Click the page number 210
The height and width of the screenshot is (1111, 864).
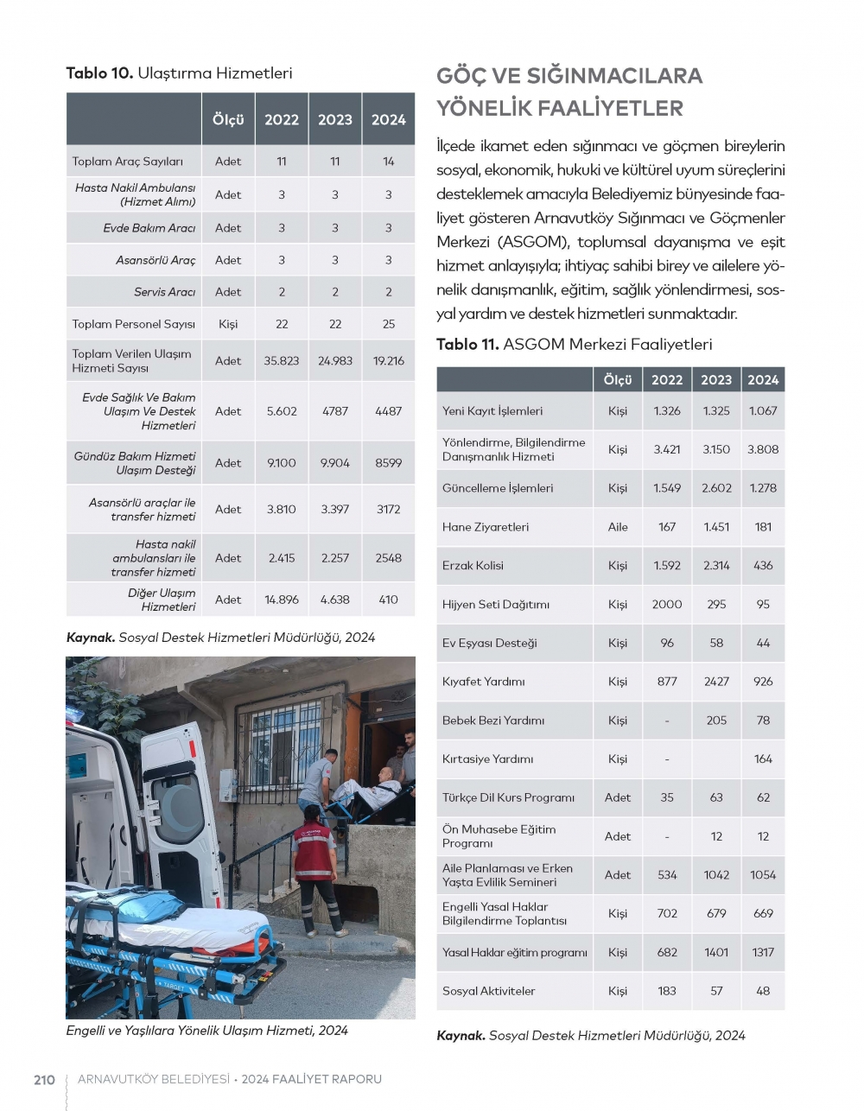pyautogui.click(x=44, y=1079)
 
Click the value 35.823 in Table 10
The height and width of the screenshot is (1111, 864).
pyautogui.click(x=282, y=360)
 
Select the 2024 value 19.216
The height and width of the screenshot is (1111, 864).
pyautogui.click(x=388, y=360)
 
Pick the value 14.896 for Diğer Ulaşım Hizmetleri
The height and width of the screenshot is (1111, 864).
pyautogui.click(x=282, y=599)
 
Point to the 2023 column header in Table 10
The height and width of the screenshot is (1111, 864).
pyautogui.click(x=335, y=119)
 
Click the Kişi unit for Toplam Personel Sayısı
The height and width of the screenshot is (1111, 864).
pyautogui.click(x=228, y=324)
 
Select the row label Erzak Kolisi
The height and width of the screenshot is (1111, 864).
pyautogui.click(x=473, y=565)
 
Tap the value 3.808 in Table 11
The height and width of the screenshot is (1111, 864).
pyautogui.click(x=763, y=449)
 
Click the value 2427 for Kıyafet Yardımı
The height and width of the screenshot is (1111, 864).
pyautogui.click(x=716, y=681)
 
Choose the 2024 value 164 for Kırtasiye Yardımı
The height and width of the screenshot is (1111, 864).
pyautogui.click(x=763, y=759)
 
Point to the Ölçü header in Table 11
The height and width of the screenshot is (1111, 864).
pyautogui.click(x=618, y=379)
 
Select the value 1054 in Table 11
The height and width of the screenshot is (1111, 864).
pyautogui.click(x=763, y=874)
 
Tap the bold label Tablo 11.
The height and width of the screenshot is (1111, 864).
pyautogui.click(x=467, y=344)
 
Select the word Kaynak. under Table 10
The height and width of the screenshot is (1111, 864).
pyautogui.click(x=91, y=638)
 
